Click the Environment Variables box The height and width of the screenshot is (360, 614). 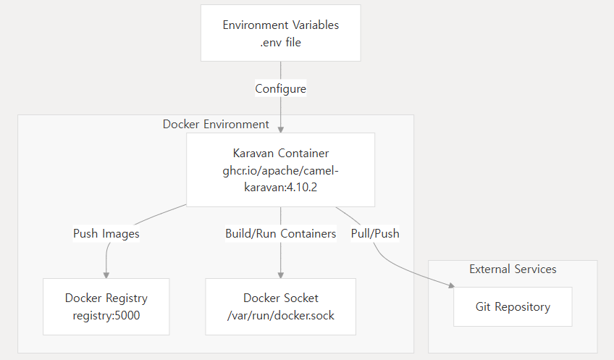pyautogui.click(x=280, y=33)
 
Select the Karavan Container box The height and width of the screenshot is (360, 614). pyautogui.click(x=280, y=169)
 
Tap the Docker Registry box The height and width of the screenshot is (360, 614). pyautogui.click(x=106, y=306)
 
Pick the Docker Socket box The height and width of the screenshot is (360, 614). pyautogui.click(x=280, y=306)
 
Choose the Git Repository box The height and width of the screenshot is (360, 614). pyautogui.click(x=513, y=306)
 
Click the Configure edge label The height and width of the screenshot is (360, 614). pyautogui.click(x=280, y=88)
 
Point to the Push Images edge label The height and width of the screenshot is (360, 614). pyautogui.click(x=106, y=233)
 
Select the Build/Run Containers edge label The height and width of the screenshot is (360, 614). pyautogui.click(x=280, y=233)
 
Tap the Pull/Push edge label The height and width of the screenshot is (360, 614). pyautogui.click(x=375, y=233)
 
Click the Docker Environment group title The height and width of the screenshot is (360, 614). pyautogui.click(x=216, y=124)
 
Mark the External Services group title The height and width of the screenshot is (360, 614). pyautogui.click(x=513, y=269)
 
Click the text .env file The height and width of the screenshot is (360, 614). pyautogui.click(x=280, y=42)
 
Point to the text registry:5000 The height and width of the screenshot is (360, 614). pyautogui.click(x=106, y=315)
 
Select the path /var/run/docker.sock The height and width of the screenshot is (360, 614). pyautogui.click(x=280, y=315)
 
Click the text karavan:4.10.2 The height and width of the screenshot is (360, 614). pyautogui.click(x=280, y=187)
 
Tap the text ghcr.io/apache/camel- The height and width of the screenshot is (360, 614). pyautogui.click(x=280, y=169)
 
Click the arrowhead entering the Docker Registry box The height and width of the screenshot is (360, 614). pyautogui.click(x=106, y=275)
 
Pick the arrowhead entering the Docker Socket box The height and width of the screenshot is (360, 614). pyautogui.click(x=280, y=275)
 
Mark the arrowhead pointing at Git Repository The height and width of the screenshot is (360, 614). pyautogui.click(x=450, y=288)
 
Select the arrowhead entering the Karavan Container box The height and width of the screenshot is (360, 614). pyautogui.click(x=280, y=129)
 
